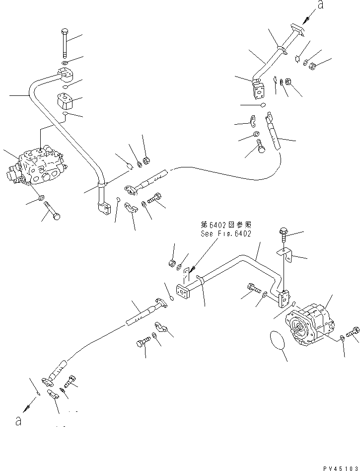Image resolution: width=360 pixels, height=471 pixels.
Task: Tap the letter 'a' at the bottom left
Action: [18, 420]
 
